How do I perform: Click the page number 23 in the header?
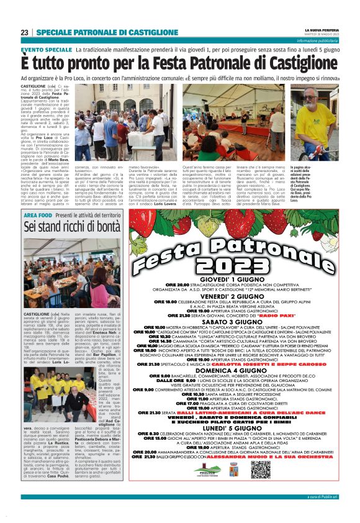pos(24,32)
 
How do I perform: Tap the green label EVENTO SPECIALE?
pos(47,49)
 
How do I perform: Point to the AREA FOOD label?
pos(37,214)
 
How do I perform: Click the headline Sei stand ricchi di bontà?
pos(73,227)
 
